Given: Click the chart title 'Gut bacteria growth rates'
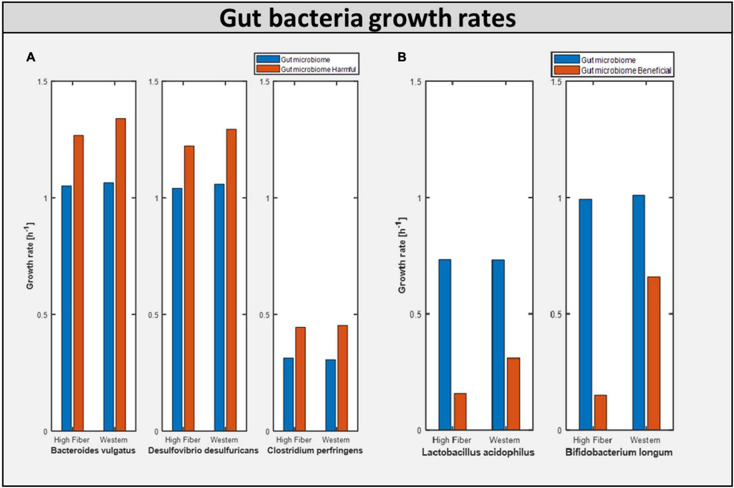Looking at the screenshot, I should (x=367, y=18).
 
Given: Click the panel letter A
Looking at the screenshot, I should (x=31, y=57).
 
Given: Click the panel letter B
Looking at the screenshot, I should (x=401, y=57).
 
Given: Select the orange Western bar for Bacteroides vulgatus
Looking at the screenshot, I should (x=121, y=274).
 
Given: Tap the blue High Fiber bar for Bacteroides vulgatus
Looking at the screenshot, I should (x=66, y=308).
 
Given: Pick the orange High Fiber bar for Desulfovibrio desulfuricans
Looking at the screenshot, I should (x=189, y=288).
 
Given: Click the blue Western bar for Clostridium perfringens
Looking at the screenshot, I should (x=331, y=395).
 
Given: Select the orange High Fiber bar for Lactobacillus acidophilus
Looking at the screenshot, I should (x=460, y=411).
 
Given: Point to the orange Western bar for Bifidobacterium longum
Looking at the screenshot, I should (x=654, y=353).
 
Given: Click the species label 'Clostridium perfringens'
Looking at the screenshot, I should (x=315, y=450).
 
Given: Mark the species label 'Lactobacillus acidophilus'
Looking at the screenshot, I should (x=478, y=452).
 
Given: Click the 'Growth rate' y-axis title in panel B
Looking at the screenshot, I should (x=402, y=256).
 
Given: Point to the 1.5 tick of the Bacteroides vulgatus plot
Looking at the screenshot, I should (x=43, y=82).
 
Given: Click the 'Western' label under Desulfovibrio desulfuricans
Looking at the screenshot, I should (x=224, y=440).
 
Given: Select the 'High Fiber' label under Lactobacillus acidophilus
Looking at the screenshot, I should (x=452, y=440).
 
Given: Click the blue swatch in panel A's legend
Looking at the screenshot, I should (x=268, y=59).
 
